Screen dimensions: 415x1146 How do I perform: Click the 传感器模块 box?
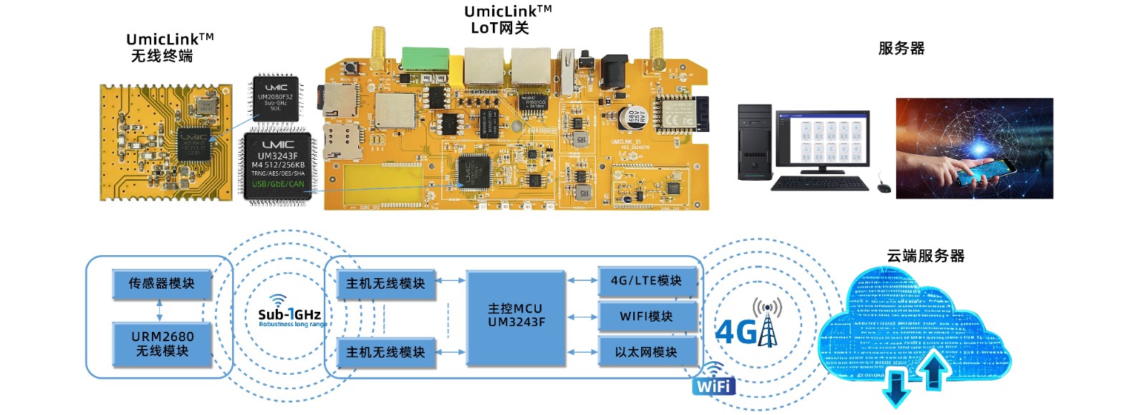click(x=162, y=284)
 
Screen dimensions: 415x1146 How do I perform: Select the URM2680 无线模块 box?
click(x=162, y=344)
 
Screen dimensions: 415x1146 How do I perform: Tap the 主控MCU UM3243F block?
click(x=516, y=315)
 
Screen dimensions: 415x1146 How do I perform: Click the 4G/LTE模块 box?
click(x=646, y=281)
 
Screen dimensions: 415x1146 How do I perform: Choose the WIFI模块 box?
click(x=646, y=316)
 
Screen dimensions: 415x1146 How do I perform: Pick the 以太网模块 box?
click(x=646, y=352)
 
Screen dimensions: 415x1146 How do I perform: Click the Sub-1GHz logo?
click(x=289, y=313)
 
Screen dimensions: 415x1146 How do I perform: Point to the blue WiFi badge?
click(x=713, y=381)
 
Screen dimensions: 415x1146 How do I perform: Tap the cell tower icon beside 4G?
click(x=767, y=324)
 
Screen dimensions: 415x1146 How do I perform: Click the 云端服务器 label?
click(x=925, y=256)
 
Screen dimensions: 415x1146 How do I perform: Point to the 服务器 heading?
click(x=901, y=49)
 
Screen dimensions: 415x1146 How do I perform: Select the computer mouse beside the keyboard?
click(x=884, y=187)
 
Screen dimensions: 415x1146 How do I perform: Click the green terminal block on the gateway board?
click(x=425, y=58)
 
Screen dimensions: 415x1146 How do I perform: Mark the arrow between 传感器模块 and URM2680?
click(x=159, y=310)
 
